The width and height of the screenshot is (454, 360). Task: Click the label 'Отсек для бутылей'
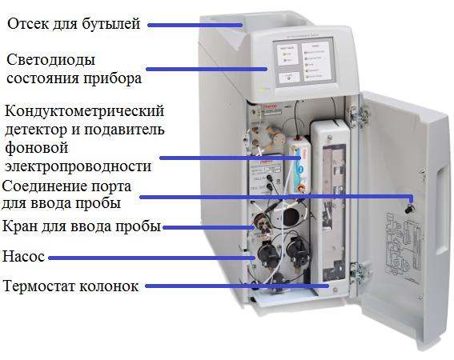(74, 24)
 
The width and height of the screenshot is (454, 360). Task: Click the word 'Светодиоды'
(50, 62)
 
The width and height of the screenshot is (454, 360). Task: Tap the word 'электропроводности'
(78, 166)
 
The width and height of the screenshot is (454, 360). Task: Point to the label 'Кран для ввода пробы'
(82, 226)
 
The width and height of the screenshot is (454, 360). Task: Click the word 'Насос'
(23, 258)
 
